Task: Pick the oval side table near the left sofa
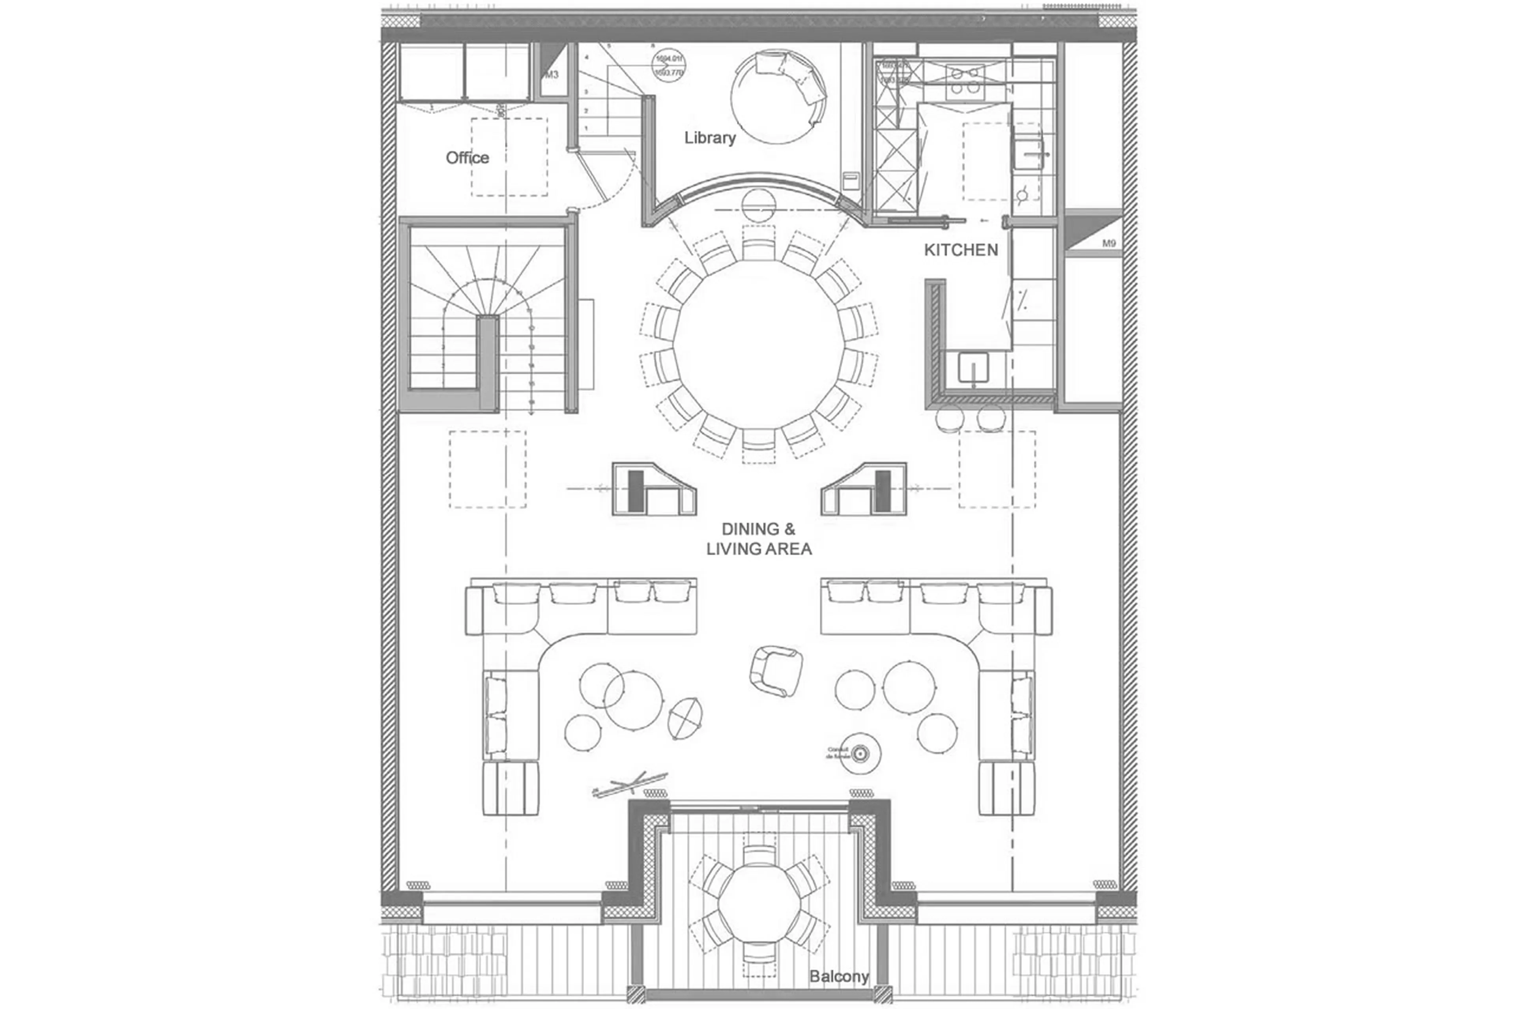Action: [685, 718]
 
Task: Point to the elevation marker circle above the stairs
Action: [669, 65]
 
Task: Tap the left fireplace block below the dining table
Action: [653, 489]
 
